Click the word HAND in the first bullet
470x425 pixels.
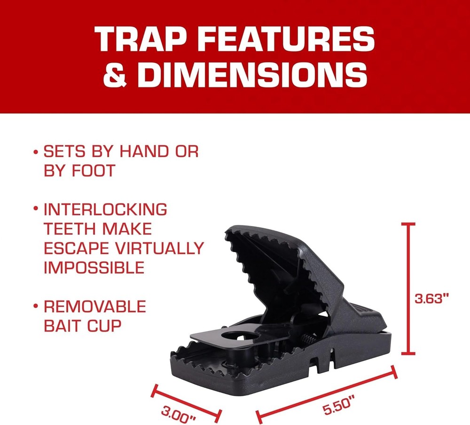pyautogui.click(x=144, y=152)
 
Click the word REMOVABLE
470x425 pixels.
pyautogui.click(x=94, y=307)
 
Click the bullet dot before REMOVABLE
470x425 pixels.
pyautogui.click(x=36, y=307)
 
